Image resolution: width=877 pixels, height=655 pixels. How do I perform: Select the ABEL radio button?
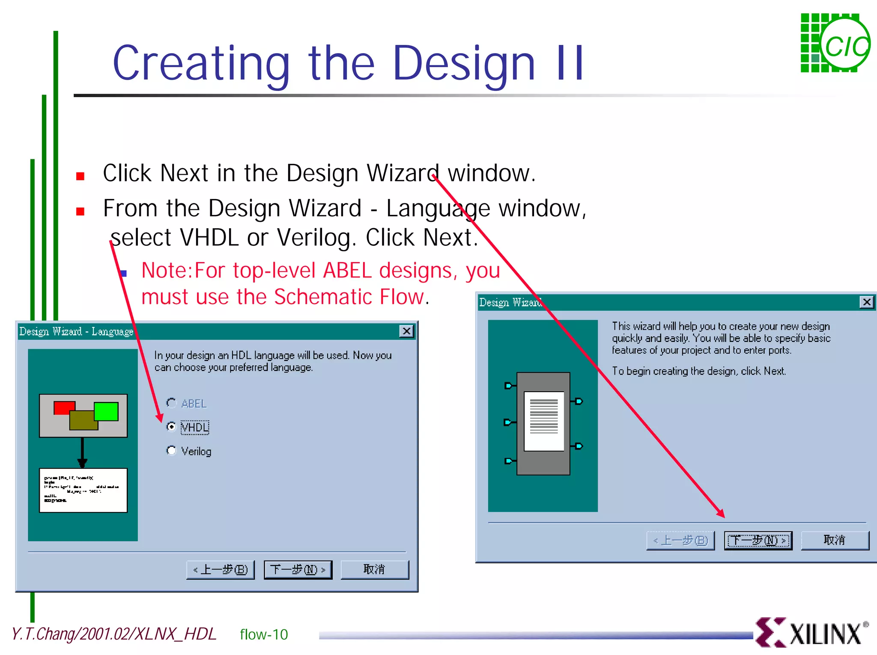171,403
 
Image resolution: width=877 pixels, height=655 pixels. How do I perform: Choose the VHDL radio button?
171,426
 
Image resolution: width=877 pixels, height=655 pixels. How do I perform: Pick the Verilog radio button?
171,450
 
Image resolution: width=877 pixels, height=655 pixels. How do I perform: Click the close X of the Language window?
406,331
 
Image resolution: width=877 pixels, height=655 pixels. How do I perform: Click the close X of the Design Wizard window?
866,302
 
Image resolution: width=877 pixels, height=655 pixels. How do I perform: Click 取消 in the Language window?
374,569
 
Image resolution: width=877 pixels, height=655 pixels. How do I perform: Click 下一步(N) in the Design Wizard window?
758,540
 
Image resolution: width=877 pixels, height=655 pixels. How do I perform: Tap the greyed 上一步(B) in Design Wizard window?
680,540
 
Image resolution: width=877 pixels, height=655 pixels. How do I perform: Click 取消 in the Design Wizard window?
834,540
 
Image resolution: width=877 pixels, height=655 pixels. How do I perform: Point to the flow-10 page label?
264,634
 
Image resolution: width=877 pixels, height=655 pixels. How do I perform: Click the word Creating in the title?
201,63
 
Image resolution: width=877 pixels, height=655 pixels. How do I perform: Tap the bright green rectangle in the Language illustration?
106,411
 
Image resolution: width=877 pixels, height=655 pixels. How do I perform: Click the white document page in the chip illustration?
544,421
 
